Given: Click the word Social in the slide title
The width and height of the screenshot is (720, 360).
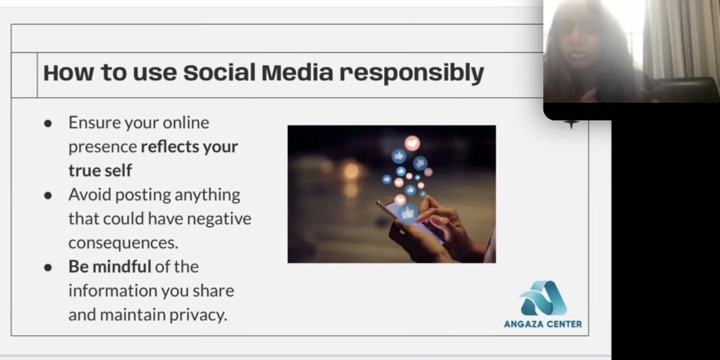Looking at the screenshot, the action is (219, 73).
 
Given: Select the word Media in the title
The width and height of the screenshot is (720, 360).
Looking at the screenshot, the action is (298, 73).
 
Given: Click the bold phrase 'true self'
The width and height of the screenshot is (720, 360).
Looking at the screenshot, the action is (100, 170).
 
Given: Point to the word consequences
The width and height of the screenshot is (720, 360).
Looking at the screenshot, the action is (123, 242).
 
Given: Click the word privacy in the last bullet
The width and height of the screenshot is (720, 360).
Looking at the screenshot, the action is (199, 315).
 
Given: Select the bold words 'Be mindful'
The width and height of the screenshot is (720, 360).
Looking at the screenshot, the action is (110, 267).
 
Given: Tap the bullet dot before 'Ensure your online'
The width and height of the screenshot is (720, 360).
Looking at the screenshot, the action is (48, 124).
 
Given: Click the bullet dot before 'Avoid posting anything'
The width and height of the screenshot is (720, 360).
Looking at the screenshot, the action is (48, 196).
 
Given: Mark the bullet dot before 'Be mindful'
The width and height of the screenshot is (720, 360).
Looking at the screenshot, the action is (48, 268).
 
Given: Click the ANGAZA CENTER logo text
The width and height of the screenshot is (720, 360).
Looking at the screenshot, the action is (543, 324).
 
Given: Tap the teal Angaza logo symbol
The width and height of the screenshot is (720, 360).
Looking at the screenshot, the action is (543, 298).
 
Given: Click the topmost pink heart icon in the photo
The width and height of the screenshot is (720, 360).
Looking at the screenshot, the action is (412, 143).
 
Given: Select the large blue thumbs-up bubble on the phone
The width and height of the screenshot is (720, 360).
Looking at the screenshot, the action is (408, 213).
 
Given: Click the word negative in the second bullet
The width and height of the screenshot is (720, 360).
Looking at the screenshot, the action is (219, 219).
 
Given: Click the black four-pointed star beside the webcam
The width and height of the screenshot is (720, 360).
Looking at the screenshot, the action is (571, 124).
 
